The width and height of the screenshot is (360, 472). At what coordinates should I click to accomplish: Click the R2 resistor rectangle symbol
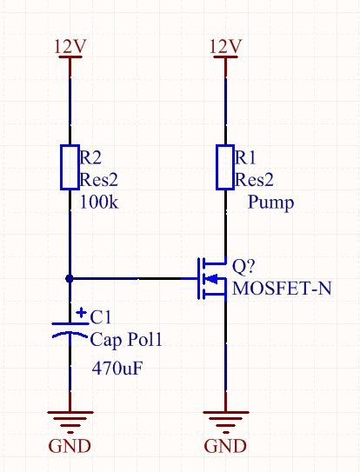70,168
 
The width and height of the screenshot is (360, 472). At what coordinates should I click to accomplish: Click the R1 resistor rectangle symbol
225,168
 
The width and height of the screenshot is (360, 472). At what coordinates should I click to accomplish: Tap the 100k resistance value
99,202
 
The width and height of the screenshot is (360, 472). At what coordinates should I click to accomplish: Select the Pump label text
270,203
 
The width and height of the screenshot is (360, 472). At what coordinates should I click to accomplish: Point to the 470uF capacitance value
117,368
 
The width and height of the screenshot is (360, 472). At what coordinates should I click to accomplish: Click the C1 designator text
101,317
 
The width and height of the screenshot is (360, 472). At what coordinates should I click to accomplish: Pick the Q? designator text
243,266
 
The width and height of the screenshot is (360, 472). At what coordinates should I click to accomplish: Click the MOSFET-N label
282,288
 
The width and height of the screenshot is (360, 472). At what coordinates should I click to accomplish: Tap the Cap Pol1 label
126,340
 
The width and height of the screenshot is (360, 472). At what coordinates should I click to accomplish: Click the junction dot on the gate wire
70,279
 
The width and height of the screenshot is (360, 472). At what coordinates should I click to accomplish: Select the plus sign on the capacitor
81,313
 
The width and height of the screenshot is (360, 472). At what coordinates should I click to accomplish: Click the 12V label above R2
70,47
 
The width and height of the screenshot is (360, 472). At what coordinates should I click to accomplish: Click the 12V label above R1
225,47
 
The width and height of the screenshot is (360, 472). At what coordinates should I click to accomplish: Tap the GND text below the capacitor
70,446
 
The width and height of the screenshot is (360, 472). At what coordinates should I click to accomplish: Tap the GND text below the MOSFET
225,446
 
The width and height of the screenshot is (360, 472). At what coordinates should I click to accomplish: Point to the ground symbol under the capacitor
70,422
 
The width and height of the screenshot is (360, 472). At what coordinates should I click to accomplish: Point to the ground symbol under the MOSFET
225,422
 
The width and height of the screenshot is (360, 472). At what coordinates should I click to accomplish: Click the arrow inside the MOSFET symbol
212,279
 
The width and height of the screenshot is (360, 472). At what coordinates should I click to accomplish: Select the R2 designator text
90,157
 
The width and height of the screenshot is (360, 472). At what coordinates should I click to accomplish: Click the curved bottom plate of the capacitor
70,334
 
